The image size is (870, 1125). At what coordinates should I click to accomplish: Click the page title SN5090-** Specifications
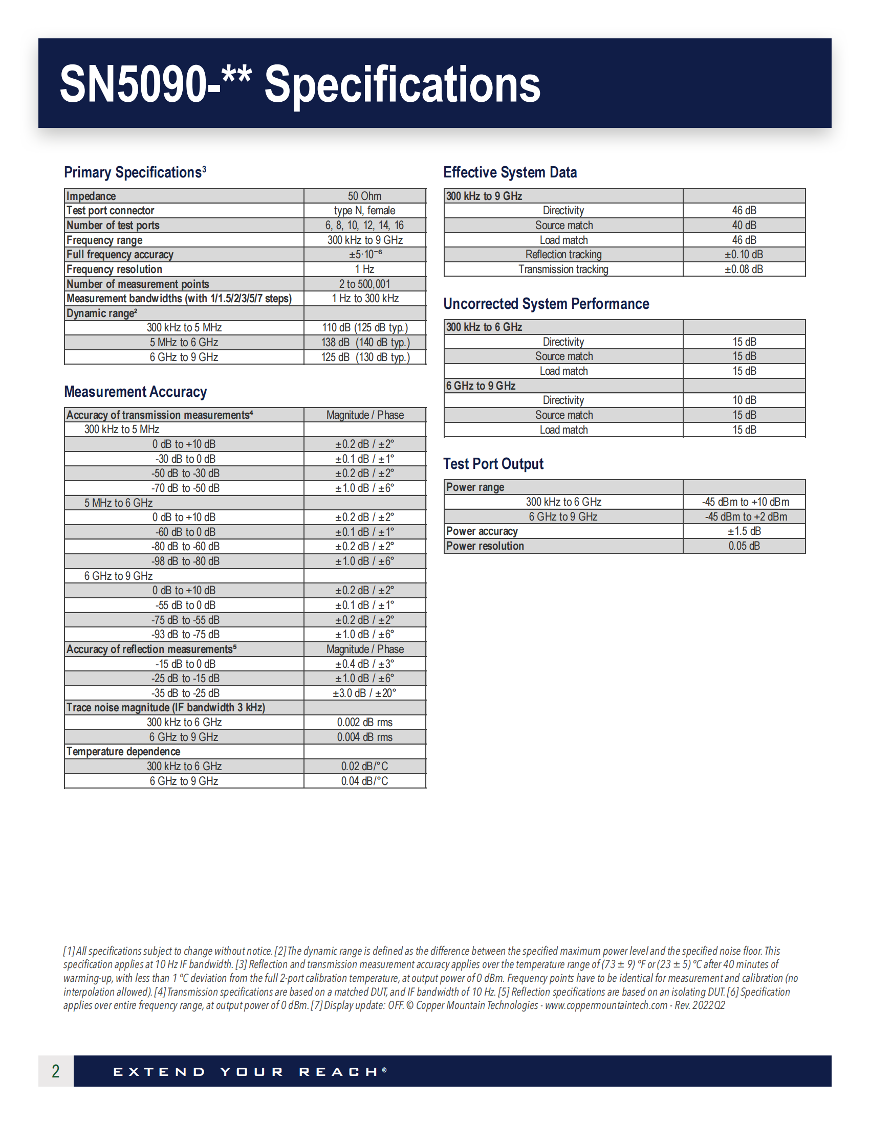tap(300, 84)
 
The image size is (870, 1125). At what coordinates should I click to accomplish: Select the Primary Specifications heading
tap(135, 172)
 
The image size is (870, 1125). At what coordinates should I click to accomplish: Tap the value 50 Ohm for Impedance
tap(364, 196)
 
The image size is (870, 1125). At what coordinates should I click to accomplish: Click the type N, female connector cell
tap(364, 211)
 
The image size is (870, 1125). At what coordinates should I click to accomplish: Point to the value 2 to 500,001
tap(364, 284)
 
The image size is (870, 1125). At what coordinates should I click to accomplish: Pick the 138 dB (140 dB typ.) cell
tap(365, 343)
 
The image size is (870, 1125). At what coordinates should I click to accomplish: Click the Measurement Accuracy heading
tap(135, 392)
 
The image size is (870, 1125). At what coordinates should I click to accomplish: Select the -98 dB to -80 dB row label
tap(185, 561)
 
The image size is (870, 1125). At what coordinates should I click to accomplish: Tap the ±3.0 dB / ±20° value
tap(364, 693)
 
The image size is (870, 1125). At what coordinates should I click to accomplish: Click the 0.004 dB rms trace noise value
tap(364, 737)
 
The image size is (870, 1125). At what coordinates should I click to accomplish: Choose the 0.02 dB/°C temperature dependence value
tap(364, 767)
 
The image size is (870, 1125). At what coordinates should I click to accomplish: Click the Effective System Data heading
tap(510, 172)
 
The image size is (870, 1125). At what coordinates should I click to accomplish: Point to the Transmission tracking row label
tap(563, 269)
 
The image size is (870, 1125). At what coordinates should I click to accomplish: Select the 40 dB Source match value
tap(744, 226)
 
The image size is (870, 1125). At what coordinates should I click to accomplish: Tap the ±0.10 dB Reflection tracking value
tap(744, 255)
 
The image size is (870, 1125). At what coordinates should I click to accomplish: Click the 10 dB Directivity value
tap(744, 400)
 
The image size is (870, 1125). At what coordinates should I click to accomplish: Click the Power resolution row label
tap(485, 546)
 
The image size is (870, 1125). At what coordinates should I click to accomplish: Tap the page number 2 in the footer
tap(56, 1071)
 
